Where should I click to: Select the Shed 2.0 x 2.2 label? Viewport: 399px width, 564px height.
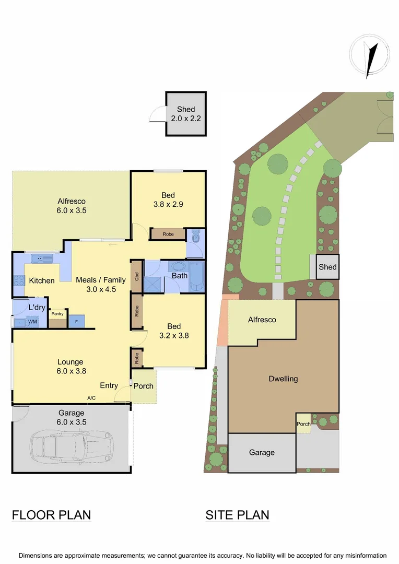pos(186,114)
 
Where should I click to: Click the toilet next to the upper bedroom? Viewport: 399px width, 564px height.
pos(195,238)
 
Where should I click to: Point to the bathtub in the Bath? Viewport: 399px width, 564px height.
pos(197,276)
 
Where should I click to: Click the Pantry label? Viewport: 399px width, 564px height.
pos(57,314)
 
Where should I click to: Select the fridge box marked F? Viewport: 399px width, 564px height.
pos(76,321)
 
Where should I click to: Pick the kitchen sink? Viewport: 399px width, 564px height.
pos(39,258)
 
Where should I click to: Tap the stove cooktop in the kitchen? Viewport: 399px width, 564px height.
pos(18,280)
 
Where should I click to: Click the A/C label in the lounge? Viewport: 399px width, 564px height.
pos(91,398)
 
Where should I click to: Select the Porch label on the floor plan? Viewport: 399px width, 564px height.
pos(144,386)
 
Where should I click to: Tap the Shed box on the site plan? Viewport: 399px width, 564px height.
pos(327,267)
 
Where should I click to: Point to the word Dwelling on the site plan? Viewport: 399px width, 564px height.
pos(283,379)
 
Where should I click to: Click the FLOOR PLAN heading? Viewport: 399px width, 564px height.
pos(51,515)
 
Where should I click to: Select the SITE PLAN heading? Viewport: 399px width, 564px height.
pos(237,515)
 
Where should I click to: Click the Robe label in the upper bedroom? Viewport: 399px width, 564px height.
pos(168,234)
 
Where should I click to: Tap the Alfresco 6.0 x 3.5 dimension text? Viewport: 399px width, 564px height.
pos(72,211)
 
